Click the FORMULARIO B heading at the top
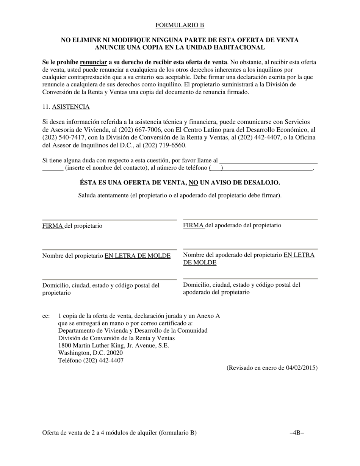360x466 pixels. point(180,25)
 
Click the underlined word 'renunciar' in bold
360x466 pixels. point(93,62)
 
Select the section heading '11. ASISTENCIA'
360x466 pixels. point(66,107)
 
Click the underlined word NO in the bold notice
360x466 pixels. point(193,183)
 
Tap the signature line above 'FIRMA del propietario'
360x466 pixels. point(110,220)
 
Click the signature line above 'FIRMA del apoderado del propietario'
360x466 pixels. point(250,219)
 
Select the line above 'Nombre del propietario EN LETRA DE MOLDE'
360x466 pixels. point(110,250)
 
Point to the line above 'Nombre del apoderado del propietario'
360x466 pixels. point(250,249)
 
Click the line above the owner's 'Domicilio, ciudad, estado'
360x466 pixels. point(110,280)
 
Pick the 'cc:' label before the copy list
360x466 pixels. point(46,316)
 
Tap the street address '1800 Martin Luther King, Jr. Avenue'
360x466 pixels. point(113,346)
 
